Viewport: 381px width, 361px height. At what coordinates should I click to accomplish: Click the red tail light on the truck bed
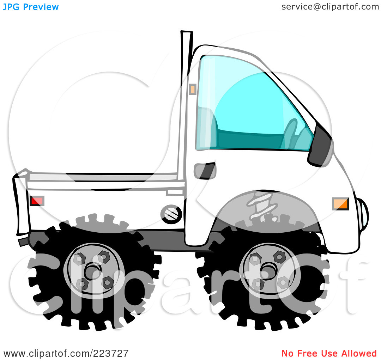(x=37, y=201)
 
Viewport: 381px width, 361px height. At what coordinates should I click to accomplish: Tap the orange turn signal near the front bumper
(x=340, y=204)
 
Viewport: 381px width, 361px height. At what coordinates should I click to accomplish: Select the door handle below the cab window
(x=205, y=171)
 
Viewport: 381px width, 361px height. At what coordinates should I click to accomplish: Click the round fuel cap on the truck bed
(x=171, y=214)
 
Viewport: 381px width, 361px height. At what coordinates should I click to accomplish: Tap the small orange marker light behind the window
(x=193, y=89)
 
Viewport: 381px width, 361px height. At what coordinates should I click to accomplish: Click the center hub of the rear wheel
(x=92, y=271)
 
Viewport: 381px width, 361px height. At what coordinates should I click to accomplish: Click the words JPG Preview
(x=31, y=7)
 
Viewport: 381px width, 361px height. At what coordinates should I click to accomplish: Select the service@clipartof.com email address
(x=330, y=7)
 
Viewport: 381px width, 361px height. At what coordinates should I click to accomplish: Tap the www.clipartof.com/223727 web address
(x=66, y=354)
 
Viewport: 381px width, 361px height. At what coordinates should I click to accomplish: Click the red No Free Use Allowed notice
(x=329, y=353)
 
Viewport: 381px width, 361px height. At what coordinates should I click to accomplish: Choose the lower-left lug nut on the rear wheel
(x=82, y=284)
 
